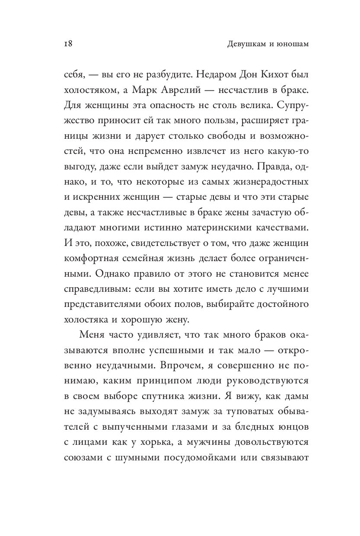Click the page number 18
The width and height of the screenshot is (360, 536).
click(x=58, y=44)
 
